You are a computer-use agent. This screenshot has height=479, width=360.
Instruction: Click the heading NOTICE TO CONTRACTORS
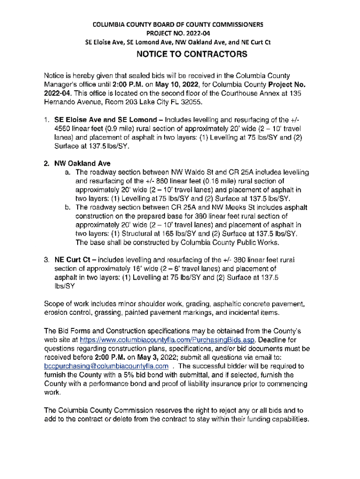(x=191, y=55)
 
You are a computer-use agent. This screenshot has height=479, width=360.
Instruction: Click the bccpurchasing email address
(x=106, y=366)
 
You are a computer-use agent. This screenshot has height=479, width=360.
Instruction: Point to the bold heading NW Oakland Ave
(x=82, y=164)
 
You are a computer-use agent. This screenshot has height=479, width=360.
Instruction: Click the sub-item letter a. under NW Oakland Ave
(x=68, y=173)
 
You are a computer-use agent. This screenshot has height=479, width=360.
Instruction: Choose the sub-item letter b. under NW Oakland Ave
(x=68, y=207)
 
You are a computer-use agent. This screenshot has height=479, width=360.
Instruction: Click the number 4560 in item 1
(x=64, y=129)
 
